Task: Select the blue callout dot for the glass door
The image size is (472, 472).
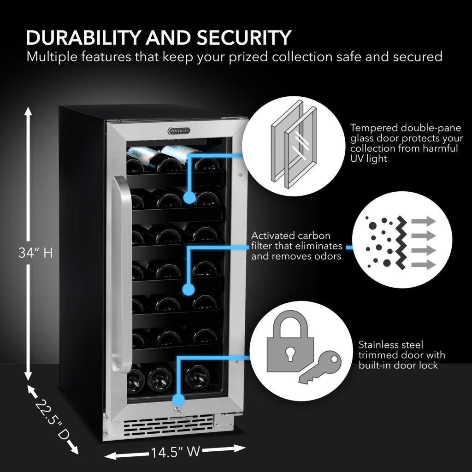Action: coord(189,197)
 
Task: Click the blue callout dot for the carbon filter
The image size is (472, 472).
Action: coord(188,289)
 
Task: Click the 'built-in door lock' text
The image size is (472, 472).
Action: coord(398,366)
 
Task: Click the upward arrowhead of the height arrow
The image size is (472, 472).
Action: coord(29,112)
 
